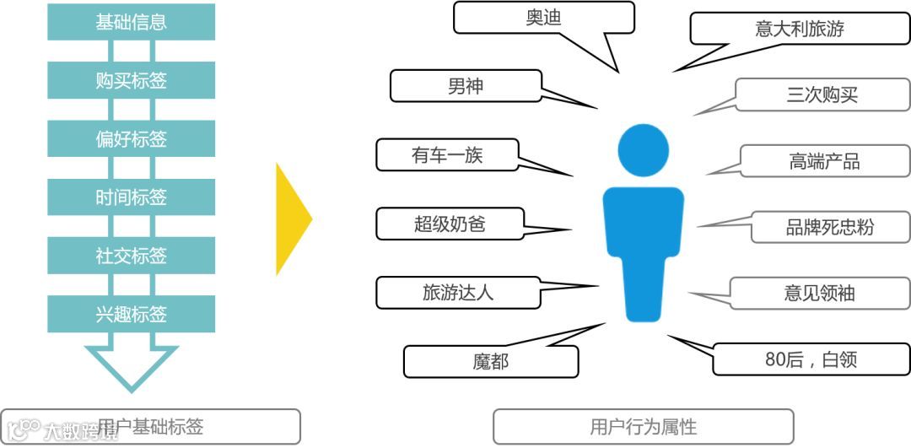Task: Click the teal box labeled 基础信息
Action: pos(131,22)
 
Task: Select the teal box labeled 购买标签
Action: pos(131,80)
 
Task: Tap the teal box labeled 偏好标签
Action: pos(131,138)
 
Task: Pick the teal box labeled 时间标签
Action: pos(131,197)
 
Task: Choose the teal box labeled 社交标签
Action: pos(131,256)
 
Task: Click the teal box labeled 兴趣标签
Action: pos(131,314)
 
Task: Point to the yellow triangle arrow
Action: pos(292,219)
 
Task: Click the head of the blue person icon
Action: pos(643,150)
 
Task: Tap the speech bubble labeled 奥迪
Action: pos(543,18)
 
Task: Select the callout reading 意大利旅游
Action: pos(799,29)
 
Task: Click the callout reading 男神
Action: pos(466,86)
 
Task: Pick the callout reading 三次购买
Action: pos(822,94)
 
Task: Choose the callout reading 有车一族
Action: pos(447,155)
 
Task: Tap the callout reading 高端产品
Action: pos(824,161)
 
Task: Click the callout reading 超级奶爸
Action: pos(450,224)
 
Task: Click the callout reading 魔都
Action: pos(490,362)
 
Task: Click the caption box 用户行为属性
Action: pos(643,426)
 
